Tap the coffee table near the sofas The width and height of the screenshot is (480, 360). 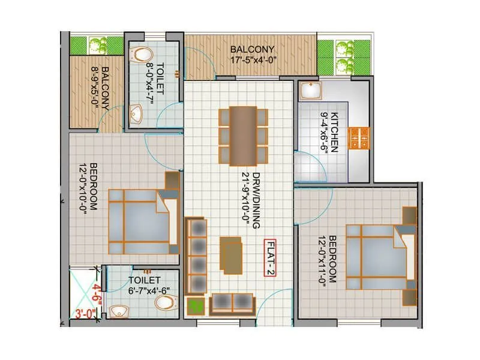(231, 254)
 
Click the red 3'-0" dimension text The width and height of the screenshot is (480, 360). (85, 313)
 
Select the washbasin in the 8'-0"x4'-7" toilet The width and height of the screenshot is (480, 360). (135, 113)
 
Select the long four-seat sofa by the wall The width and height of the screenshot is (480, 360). (196, 254)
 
